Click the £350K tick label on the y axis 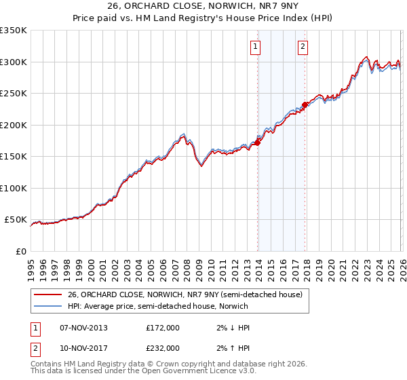(14, 31)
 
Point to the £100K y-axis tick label (14, 188)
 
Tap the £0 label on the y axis (20, 251)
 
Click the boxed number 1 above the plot (255, 47)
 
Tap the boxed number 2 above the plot (303, 47)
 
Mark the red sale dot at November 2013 (258, 142)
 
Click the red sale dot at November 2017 (305, 104)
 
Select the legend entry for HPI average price (157, 306)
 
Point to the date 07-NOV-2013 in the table (84, 328)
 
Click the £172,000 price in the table (163, 328)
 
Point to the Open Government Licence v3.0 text (203, 371)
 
